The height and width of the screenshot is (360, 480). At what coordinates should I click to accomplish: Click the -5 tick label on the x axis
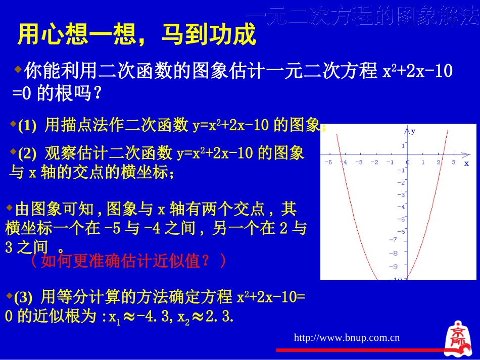click(328, 163)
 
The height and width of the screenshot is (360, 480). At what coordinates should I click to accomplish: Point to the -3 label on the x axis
click(359, 163)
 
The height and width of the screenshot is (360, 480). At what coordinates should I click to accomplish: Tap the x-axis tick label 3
click(454, 163)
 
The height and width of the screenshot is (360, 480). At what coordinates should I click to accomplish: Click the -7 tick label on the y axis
click(394, 240)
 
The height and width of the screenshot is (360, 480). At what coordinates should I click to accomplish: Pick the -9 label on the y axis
click(394, 266)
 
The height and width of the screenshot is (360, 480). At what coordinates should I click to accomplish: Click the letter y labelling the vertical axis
click(413, 131)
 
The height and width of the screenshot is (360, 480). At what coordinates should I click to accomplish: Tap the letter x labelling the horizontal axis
click(466, 163)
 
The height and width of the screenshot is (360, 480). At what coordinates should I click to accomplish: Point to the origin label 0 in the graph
click(408, 163)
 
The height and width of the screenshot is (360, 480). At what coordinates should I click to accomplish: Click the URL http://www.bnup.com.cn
click(347, 338)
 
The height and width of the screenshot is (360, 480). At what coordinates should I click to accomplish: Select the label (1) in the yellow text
click(27, 126)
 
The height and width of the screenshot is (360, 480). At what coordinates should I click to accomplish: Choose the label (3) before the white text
click(23, 296)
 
